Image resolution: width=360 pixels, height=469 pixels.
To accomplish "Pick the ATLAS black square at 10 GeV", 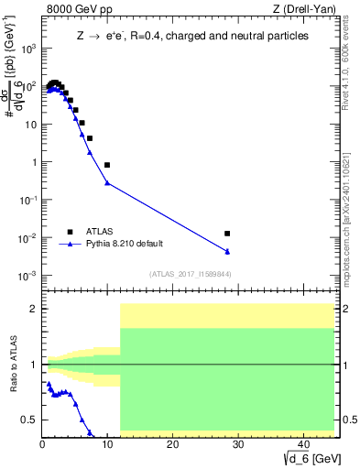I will tap(107, 165).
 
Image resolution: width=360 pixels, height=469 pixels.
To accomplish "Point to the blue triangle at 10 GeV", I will tap(107, 182).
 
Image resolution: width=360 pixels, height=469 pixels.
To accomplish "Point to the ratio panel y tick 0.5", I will tap(31, 420).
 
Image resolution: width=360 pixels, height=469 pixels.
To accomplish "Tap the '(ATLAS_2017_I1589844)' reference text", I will tap(190, 274).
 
